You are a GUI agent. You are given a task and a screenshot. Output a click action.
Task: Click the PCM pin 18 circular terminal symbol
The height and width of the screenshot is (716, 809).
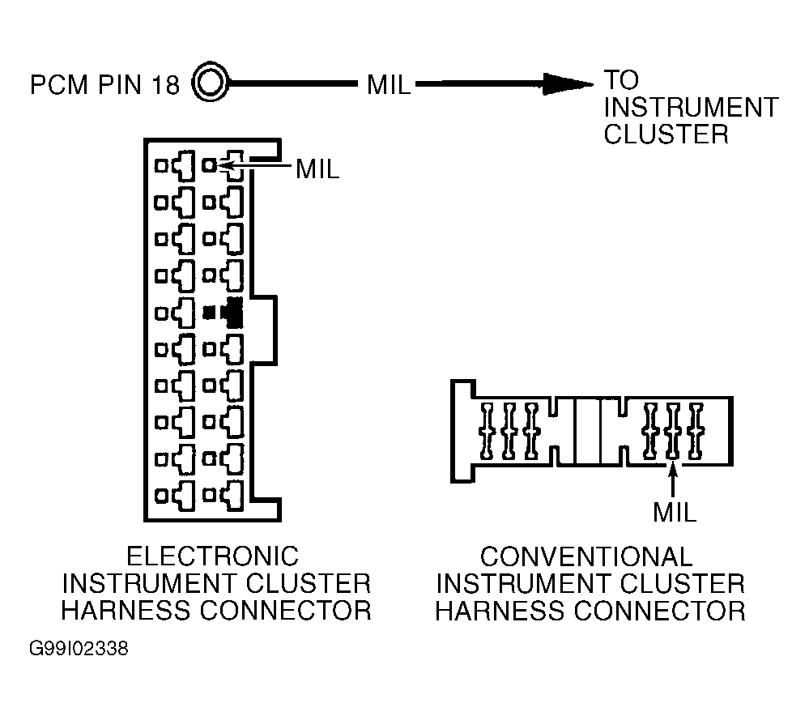210,82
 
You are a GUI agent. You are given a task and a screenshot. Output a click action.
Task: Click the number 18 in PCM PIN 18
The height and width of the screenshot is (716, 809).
165,84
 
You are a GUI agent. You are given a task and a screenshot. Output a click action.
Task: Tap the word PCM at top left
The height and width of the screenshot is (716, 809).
59,84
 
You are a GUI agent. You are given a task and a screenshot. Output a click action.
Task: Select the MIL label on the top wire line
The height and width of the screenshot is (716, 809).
388,84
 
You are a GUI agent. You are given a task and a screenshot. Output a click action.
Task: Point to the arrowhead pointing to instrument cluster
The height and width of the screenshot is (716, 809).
568,84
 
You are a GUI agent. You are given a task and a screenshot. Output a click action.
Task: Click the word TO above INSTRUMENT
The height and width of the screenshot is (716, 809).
621,80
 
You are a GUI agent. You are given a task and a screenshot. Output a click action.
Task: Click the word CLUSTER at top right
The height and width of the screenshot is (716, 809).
666,134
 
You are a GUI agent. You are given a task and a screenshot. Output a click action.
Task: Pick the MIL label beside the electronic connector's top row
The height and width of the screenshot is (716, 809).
317,168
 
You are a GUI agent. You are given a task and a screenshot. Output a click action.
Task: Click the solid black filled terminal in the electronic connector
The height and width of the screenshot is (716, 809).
224,313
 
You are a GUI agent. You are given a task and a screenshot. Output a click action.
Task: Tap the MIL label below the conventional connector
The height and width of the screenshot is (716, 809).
675,512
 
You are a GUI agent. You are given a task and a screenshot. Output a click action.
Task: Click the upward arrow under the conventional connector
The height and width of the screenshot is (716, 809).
672,479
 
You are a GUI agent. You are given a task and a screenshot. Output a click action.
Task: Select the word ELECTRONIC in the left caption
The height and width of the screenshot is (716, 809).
212,556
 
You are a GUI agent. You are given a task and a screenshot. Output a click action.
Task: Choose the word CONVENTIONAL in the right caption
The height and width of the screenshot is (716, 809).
586,556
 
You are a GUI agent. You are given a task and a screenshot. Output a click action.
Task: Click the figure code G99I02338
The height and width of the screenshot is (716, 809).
79,649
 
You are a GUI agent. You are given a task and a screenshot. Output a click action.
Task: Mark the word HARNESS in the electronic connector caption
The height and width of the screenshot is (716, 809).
127,611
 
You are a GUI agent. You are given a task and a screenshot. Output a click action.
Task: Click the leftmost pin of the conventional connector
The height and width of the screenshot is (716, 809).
487,431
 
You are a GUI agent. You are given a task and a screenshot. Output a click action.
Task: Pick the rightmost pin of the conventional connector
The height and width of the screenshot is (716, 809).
696,431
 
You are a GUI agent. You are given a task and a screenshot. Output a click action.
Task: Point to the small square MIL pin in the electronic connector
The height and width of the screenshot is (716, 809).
209,166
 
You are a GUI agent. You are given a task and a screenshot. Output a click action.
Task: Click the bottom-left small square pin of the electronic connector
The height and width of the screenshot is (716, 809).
161,496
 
